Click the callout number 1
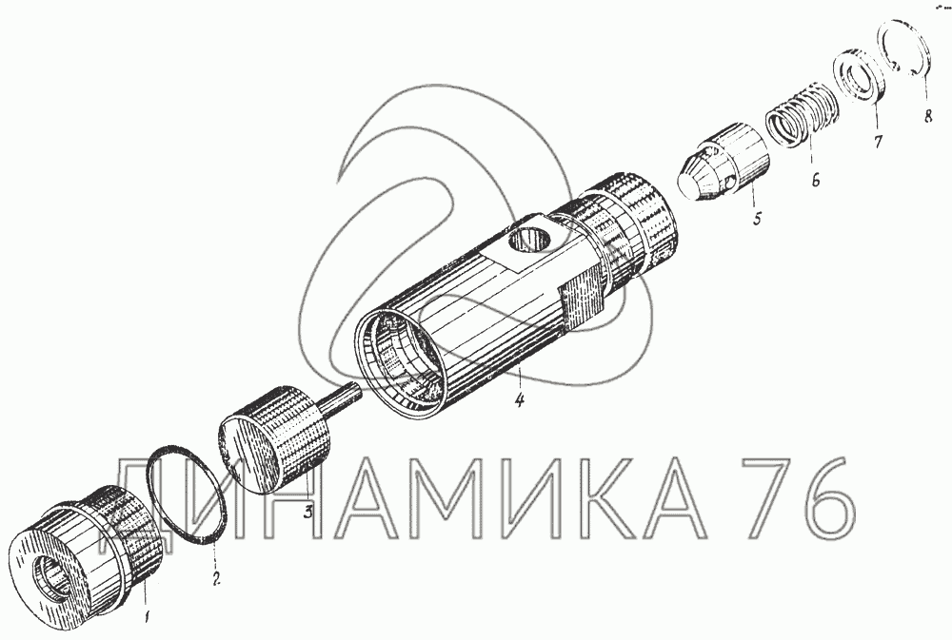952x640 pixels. [146, 618]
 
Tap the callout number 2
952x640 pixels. [215, 578]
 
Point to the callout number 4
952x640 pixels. [519, 400]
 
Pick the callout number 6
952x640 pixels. [815, 180]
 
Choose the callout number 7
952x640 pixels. [878, 142]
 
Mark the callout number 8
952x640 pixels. [927, 116]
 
